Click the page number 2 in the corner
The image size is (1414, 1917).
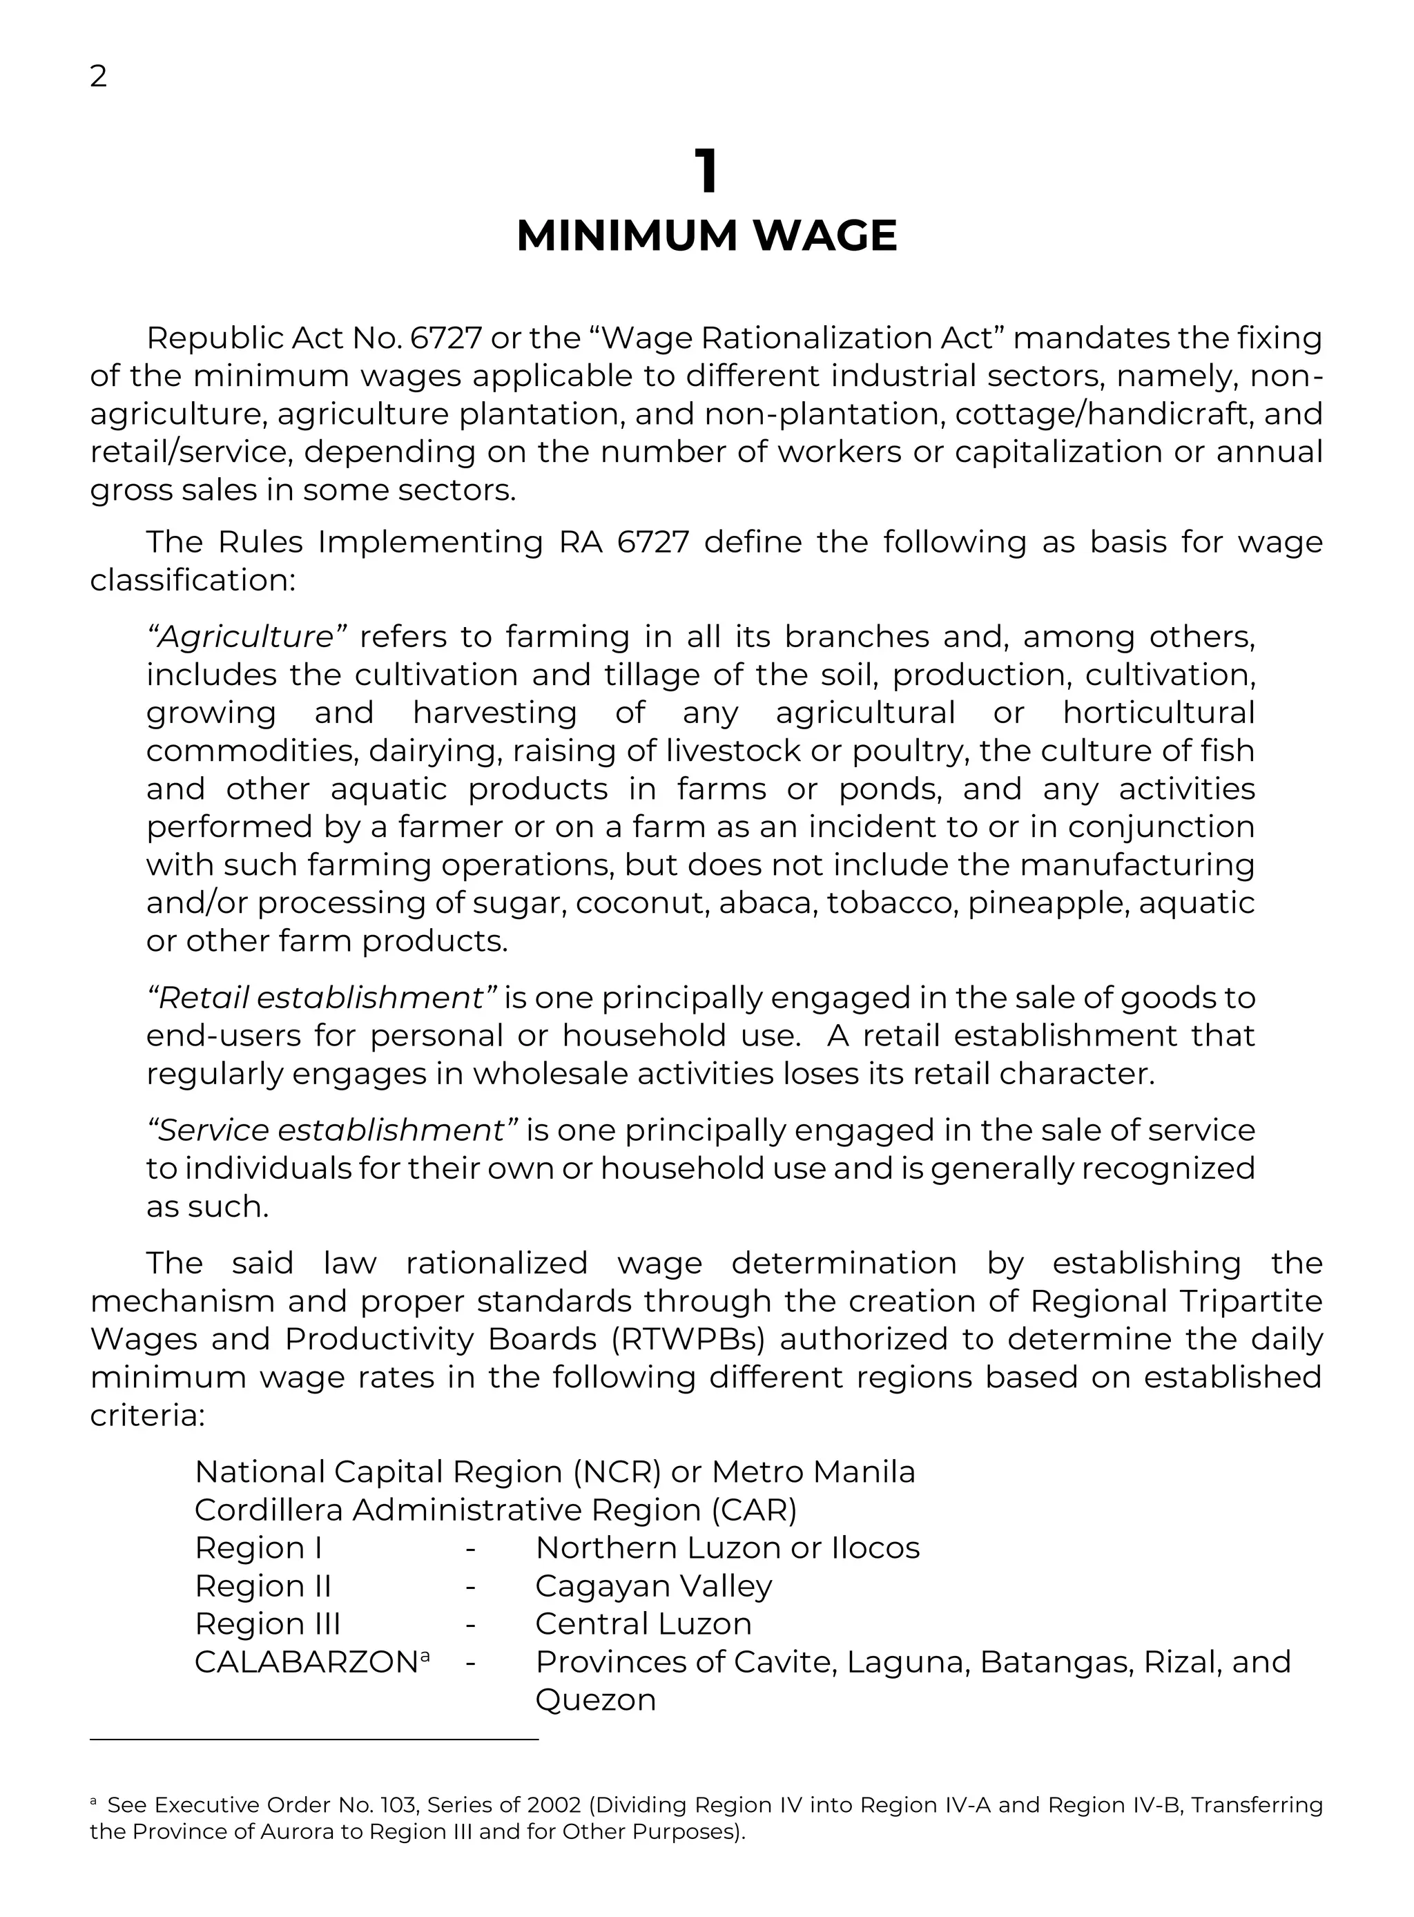coord(99,77)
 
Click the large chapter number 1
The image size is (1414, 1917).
coord(706,171)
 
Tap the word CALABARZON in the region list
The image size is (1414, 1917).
coord(306,1662)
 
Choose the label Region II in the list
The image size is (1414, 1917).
coord(263,1586)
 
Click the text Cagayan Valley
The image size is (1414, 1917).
coord(653,1586)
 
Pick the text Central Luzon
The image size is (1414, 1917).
coord(643,1624)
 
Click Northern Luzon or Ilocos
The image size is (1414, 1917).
coord(727,1548)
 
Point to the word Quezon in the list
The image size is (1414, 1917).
coord(595,1699)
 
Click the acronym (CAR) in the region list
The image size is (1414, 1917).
coord(754,1510)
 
